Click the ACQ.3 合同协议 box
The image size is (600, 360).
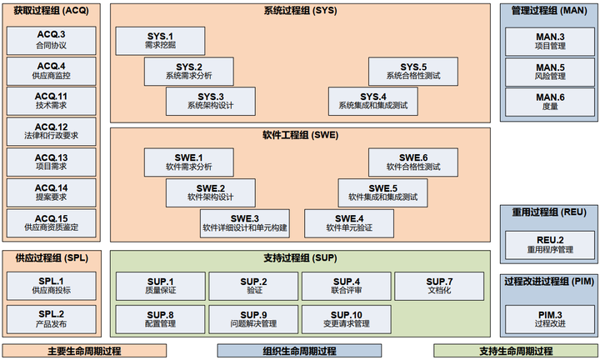coord(52,40)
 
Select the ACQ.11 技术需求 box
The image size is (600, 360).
coord(52,102)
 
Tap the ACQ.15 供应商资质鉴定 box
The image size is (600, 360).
coord(52,222)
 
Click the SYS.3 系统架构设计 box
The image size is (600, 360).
coord(211,101)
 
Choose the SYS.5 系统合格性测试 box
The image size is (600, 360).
coord(413,71)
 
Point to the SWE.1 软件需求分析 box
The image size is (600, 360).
coord(188,162)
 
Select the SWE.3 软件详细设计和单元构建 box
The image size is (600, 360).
coord(244,222)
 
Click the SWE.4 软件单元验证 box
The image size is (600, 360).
coord(349,222)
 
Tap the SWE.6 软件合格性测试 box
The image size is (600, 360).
coord(413,162)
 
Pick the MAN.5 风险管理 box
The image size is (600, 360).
coord(550,72)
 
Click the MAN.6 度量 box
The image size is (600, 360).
coord(550,102)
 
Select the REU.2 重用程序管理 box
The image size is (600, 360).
coord(550,245)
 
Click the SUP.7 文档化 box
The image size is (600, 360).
coord(440,287)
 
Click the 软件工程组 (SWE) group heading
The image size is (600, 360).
coord(299,134)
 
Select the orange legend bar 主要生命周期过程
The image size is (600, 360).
coord(84,351)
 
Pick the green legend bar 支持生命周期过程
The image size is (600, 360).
coord(517,351)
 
